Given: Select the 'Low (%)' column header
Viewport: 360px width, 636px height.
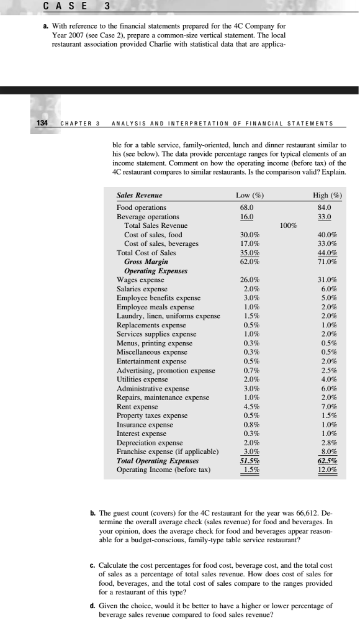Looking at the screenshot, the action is click(x=251, y=195).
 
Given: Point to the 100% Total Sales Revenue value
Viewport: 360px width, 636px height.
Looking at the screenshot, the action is click(x=289, y=225).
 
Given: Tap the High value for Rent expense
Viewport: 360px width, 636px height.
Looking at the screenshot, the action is click(x=329, y=407).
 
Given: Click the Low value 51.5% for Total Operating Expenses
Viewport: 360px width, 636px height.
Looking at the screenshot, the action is click(x=250, y=460).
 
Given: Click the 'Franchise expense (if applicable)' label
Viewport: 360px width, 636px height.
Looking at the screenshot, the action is click(x=168, y=452).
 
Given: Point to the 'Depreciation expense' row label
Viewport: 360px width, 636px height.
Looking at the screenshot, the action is click(x=149, y=442).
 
